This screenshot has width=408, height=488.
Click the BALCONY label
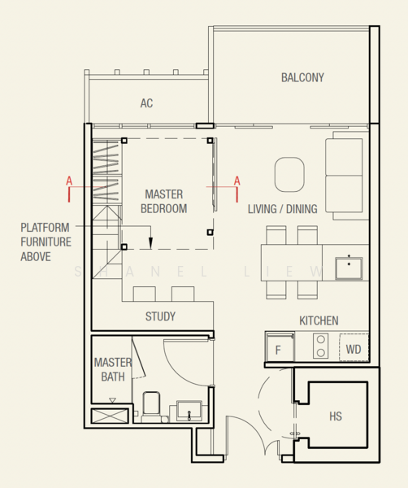[x=302, y=78]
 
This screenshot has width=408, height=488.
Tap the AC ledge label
[x=146, y=103]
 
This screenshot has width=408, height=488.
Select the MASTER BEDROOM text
[x=164, y=202]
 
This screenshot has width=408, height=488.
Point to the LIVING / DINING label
[x=282, y=209]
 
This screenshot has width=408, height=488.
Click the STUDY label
[x=160, y=316]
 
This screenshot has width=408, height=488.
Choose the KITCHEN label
[x=319, y=321]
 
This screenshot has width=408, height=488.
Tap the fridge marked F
[x=280, y=347]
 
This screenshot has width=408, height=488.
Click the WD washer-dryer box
[x=354, y=347]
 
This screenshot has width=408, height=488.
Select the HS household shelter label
[x=336, y=416]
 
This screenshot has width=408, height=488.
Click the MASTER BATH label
[x=113, y=369]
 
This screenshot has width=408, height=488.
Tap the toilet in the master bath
[x=151, y=407]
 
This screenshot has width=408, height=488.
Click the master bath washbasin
[x=189, y=411]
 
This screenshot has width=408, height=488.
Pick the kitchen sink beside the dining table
[x=349, y=268]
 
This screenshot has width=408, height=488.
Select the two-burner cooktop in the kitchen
[x=320, y=346]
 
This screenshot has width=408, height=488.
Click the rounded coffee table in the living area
[x=289, y=175]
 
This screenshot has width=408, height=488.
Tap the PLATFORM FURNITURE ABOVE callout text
[x=46, y=242]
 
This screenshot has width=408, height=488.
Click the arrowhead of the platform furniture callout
[x=150, y=242]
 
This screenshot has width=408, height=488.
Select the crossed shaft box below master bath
[x=110, y=416]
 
